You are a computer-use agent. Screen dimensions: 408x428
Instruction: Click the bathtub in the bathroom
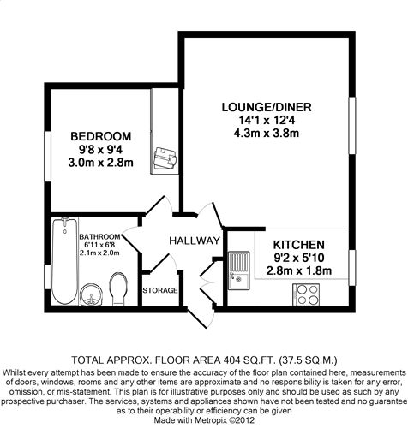click(x=65, y=261)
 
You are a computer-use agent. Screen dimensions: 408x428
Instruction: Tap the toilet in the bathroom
click(x=119, y=289)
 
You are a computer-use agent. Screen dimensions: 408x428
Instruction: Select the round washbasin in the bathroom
click(x=91, y=295)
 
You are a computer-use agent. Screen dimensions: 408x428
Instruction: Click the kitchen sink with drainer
click(x=238, y=270)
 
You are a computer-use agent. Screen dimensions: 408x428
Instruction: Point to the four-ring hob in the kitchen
click(x=306, y=294)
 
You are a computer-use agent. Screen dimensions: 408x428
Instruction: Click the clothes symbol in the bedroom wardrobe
click(x=165, y=158)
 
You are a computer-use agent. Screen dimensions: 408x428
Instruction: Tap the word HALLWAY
click(x=195, y=241)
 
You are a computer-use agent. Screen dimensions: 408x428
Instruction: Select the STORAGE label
click(x=160, y=290)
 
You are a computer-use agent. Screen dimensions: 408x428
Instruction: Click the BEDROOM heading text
click(x=101, y=136)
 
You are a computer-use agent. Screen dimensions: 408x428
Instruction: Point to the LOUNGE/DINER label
click(x=267, y=107)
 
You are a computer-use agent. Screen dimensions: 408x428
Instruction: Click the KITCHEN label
click(x=299, y=245)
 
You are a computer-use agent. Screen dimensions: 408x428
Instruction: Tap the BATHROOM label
click(x=99, y=237)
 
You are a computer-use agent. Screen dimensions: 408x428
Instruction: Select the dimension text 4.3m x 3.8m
click(x=267, y=134)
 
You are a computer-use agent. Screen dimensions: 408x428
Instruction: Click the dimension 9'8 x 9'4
click(x=101, y=150)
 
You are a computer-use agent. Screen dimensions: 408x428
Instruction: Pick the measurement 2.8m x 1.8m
click(x=299, y=270)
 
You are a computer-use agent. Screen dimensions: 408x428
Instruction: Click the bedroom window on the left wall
click(x=47, y=156)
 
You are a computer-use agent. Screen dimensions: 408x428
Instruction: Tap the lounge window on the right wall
click(x=352, y=126)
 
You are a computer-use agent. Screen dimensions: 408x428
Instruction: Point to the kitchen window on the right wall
click(x=352, y=268)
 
